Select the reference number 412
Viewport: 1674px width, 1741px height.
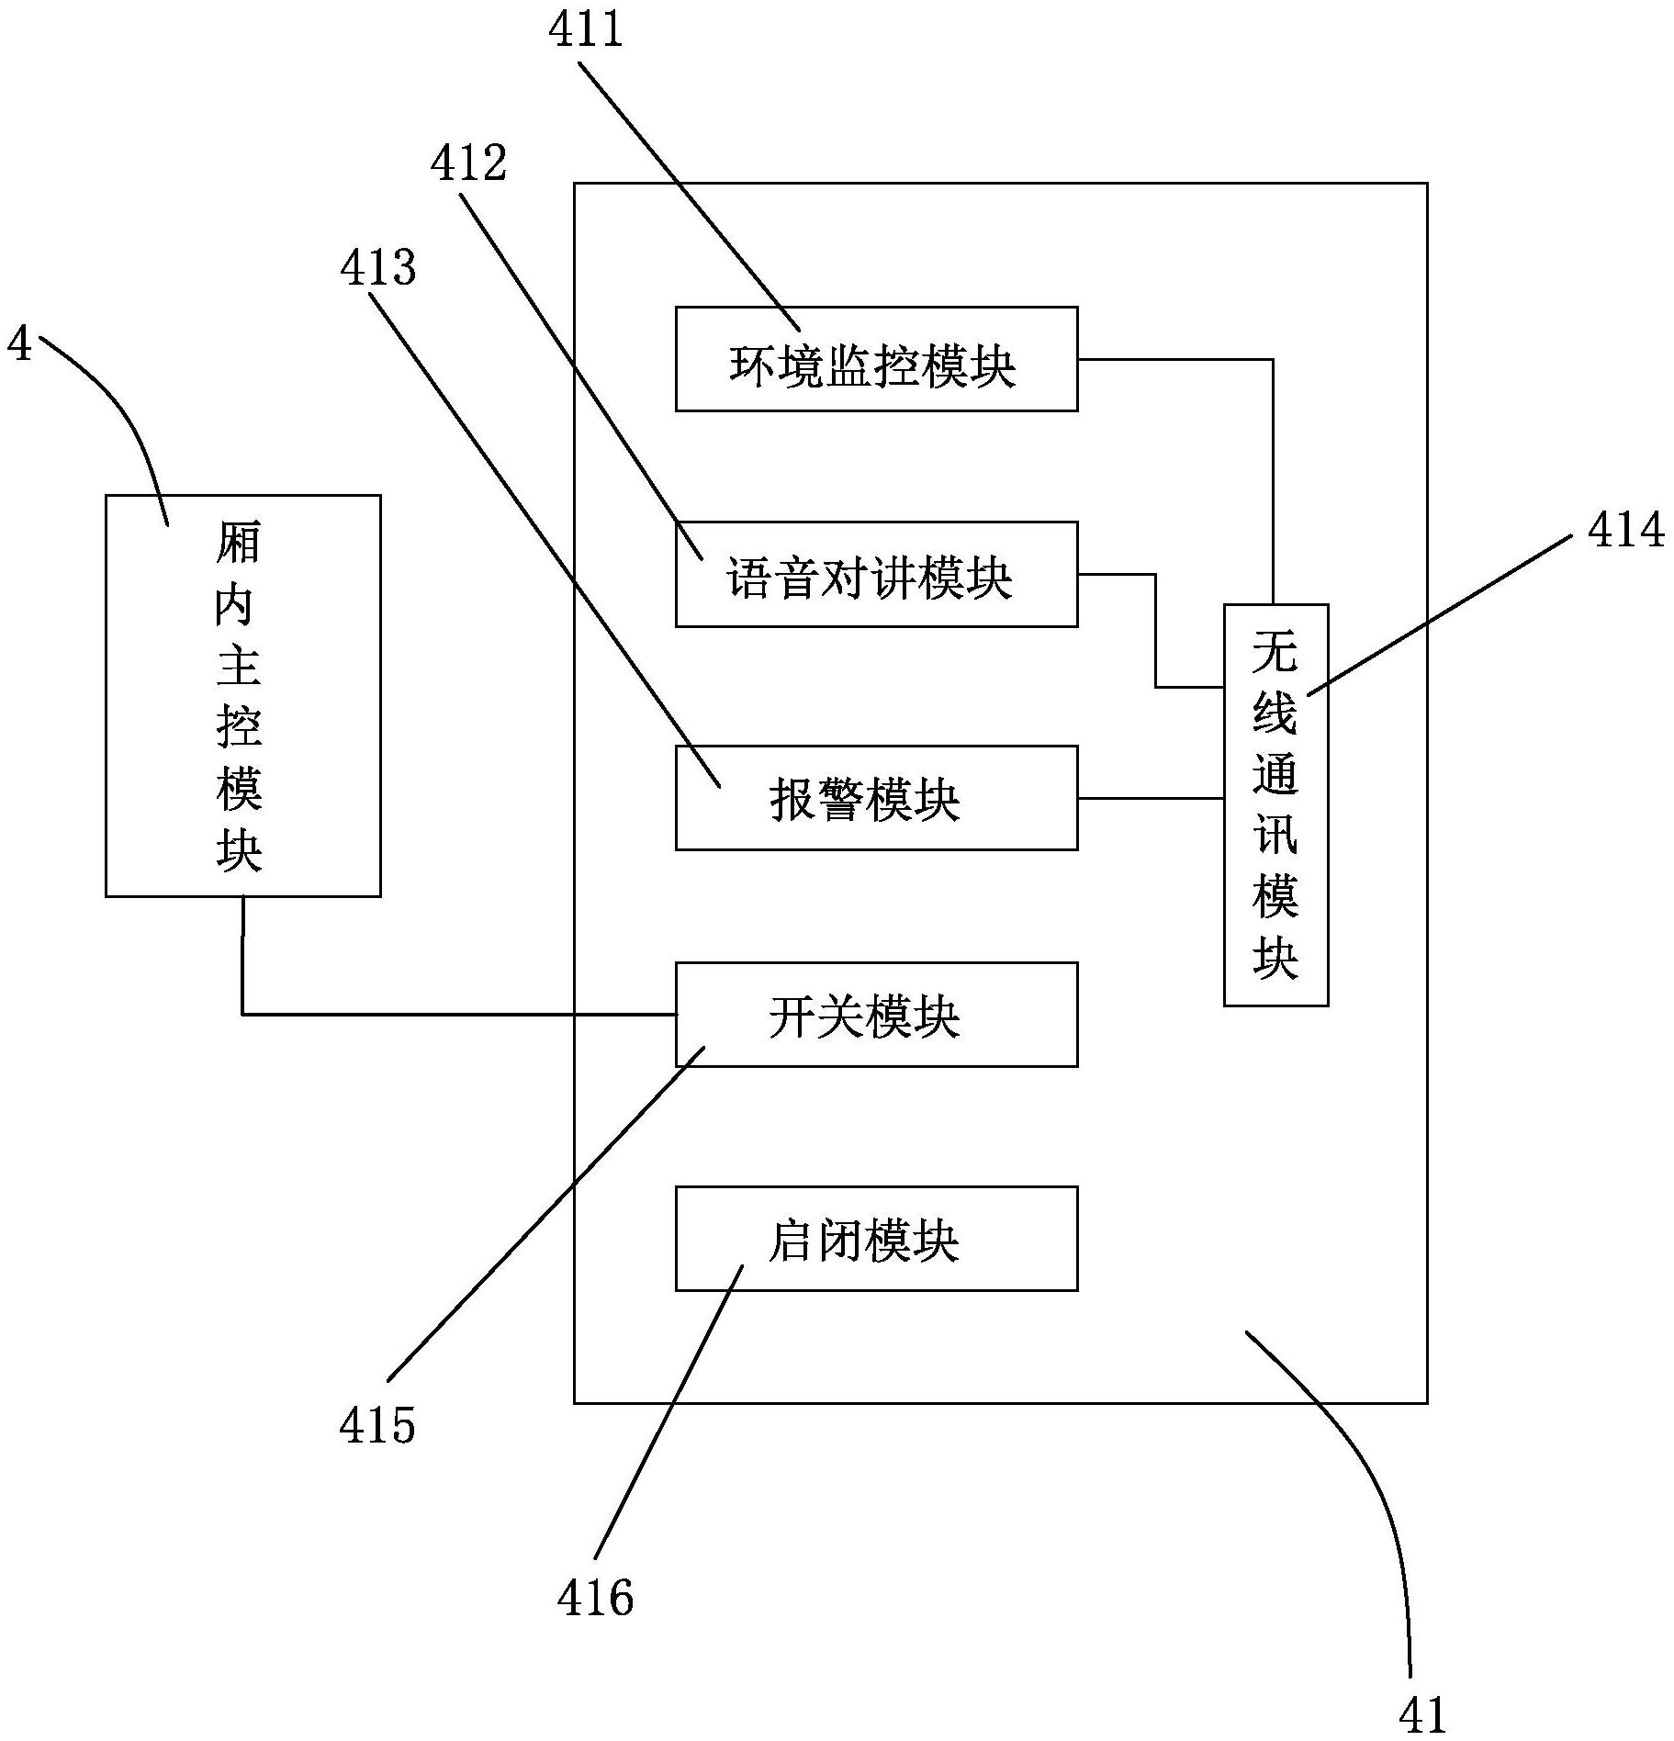click(x=468, y=163)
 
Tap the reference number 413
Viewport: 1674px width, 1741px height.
click(x=377, y=268)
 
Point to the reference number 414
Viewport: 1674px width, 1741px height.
click(x=1625, y=531)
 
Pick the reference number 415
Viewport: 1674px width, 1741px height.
click(x=376, y=1426)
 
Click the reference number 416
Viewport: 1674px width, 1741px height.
click(x=595, y=1598)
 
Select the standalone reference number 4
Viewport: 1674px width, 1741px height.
click(x=18, y=343)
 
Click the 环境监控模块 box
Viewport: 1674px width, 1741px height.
click(x=876, y=359)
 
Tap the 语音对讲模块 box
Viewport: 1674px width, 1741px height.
click(x=876, y=575)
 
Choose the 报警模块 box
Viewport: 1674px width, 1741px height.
click(x=876, y=798)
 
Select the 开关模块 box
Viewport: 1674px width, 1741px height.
click(x=876, y=1015)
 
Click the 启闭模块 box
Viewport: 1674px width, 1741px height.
click(x=876, y=1239)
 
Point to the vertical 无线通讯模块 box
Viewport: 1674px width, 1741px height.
click(x=1275, y=805)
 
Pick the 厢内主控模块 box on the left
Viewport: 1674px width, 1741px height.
click(x=243, y=695)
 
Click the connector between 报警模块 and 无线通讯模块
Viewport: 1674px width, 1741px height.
click(x=1150, y=799)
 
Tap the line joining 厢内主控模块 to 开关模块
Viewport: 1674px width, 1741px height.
click(x=459, y=1015)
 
